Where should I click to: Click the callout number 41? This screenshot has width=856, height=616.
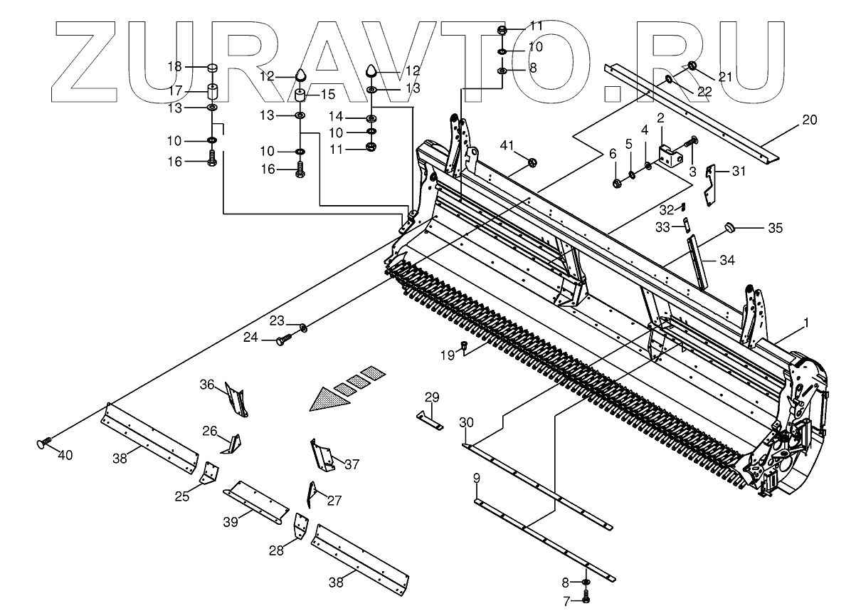[x=507, y=145]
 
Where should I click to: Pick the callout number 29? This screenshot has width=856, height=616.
[x=433, y=397]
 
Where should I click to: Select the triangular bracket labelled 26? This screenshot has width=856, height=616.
[x=233, y=444]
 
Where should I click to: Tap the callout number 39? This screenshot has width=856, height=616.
[x=229, y=522]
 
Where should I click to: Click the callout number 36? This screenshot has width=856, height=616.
[x=206, y=385]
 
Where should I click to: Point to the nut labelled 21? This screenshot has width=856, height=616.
[x=692, y=67]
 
